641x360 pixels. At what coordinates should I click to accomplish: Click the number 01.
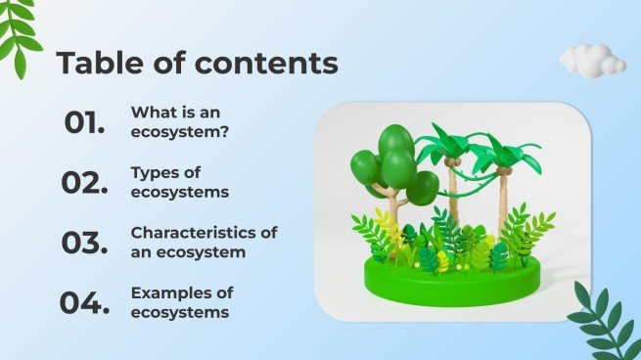84,123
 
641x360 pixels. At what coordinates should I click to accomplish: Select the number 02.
84,183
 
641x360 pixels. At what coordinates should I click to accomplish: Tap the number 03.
84,244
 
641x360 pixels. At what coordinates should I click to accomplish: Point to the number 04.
84,303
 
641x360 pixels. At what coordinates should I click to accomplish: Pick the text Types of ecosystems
180,182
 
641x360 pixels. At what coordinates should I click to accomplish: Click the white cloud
592,60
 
